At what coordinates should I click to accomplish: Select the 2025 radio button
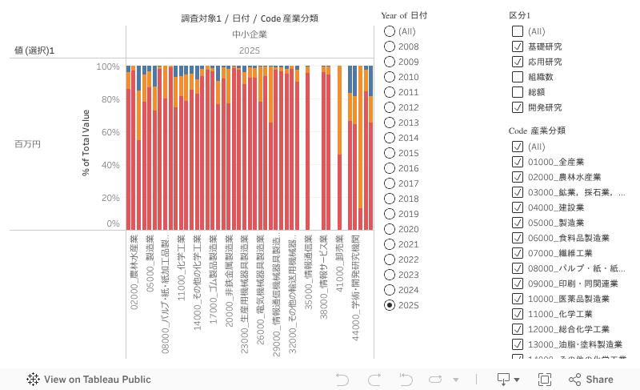pos(390,305)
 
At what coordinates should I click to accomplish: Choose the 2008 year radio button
pos(390,46)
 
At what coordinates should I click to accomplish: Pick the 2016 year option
pos(390,168)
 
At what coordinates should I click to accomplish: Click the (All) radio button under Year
pos(390,31)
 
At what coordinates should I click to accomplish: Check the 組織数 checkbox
pos(518,77)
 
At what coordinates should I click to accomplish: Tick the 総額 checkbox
pos(518,92)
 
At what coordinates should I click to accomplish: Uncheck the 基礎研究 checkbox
pos(518,46)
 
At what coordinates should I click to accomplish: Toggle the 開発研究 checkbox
pos(518,107)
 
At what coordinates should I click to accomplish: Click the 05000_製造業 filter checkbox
pos(518,223)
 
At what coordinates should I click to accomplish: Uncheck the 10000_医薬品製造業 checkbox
pos(518,299)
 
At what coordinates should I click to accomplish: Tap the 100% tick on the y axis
pos(107,67)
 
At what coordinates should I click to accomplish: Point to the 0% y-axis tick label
pos(113,224)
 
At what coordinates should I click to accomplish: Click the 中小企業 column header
pos(250,34)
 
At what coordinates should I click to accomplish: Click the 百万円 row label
pos(27,144)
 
